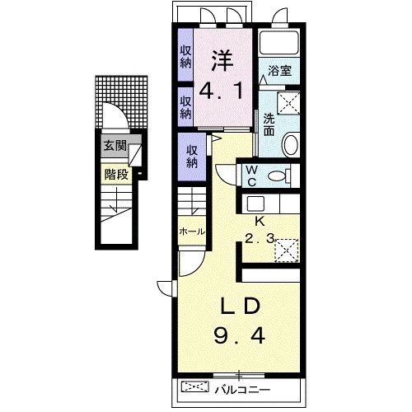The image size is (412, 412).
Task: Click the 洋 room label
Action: click(222, 61)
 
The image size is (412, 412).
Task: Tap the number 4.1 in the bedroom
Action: click(221, 91)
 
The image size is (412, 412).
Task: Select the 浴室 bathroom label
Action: click(279, 71)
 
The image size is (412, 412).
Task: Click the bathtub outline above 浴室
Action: click(279, 42)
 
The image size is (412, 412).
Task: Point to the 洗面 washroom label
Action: click(269, 124)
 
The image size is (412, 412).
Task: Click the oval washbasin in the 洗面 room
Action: click(291, 144)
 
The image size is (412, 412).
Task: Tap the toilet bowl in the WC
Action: click(277, 176)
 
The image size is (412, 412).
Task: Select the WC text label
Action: click(251, 176)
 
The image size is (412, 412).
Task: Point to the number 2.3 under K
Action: click(260, 239)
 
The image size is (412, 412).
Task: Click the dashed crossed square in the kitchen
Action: click(287, 250)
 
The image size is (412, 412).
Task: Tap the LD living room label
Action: click(240, 307)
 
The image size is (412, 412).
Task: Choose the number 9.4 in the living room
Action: click(240, 336)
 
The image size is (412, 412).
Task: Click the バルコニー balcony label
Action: click(242, 390)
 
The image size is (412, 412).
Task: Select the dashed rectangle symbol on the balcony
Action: click(195, 386)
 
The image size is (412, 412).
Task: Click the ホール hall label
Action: click(192, 232)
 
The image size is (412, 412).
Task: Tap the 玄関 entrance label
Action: click(115, 146)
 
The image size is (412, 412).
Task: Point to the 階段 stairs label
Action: click(116, 174)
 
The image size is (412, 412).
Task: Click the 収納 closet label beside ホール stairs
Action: click(192, 157)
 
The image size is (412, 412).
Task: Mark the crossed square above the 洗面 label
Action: click(288, 103)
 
